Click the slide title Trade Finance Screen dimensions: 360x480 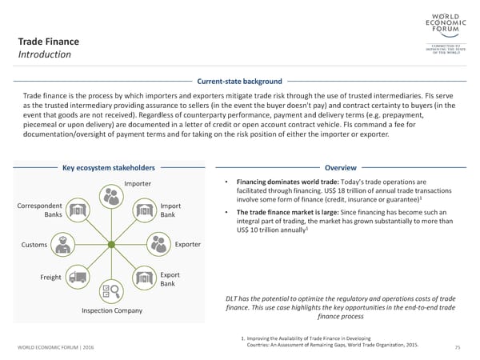49,41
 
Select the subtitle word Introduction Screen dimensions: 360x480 45,55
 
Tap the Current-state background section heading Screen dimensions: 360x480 239,82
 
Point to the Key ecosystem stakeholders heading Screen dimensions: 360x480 108,168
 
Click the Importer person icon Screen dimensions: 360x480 109,194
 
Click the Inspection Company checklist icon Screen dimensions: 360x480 108,291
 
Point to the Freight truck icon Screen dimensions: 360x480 78,278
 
